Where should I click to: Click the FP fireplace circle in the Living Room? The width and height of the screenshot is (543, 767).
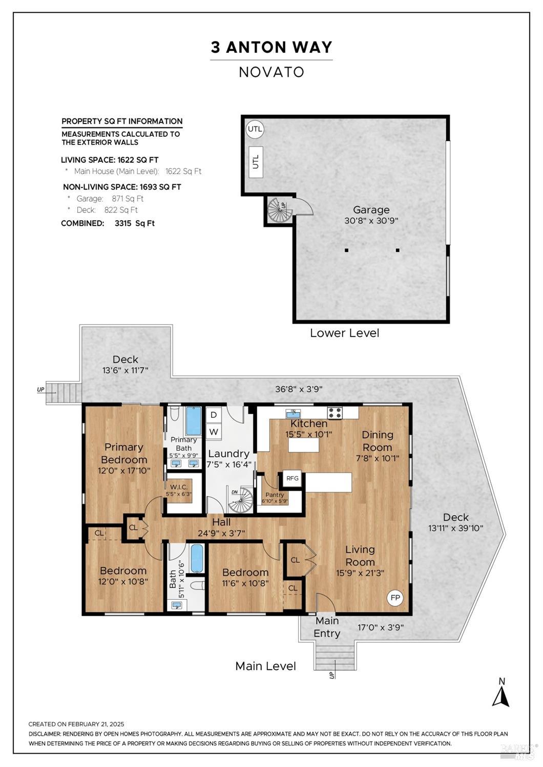pos(395,598)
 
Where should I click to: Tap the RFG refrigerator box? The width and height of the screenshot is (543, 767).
pos(292,478)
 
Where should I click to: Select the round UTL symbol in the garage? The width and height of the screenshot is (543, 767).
pos(255,129)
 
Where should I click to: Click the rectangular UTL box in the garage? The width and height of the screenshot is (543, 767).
pos(256,162)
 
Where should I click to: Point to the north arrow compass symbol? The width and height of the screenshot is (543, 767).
pos(501,691)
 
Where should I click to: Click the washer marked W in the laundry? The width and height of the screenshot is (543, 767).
pos(214,432)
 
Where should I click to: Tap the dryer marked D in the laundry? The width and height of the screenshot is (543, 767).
pos(214,415)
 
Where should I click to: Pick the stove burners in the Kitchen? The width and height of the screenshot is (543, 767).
pos(335,413)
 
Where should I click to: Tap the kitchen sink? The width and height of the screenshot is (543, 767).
pos(292,413)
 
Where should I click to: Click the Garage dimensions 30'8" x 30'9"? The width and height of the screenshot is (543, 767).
pos(371,221)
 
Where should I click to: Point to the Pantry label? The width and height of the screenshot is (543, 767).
pos(275,495)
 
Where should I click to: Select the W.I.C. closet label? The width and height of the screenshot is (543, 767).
pos(179,486)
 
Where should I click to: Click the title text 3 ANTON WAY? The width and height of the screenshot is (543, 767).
pos(271,47)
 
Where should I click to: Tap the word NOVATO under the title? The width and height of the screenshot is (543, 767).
pos(271,72)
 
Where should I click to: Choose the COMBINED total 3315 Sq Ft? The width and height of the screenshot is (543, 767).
pos(135,223)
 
